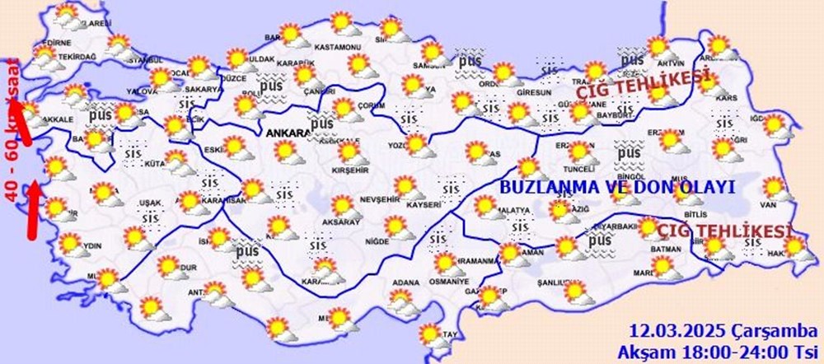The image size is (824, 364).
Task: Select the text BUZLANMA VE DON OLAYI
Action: (616, 187)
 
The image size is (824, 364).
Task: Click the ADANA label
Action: (405, 282)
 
